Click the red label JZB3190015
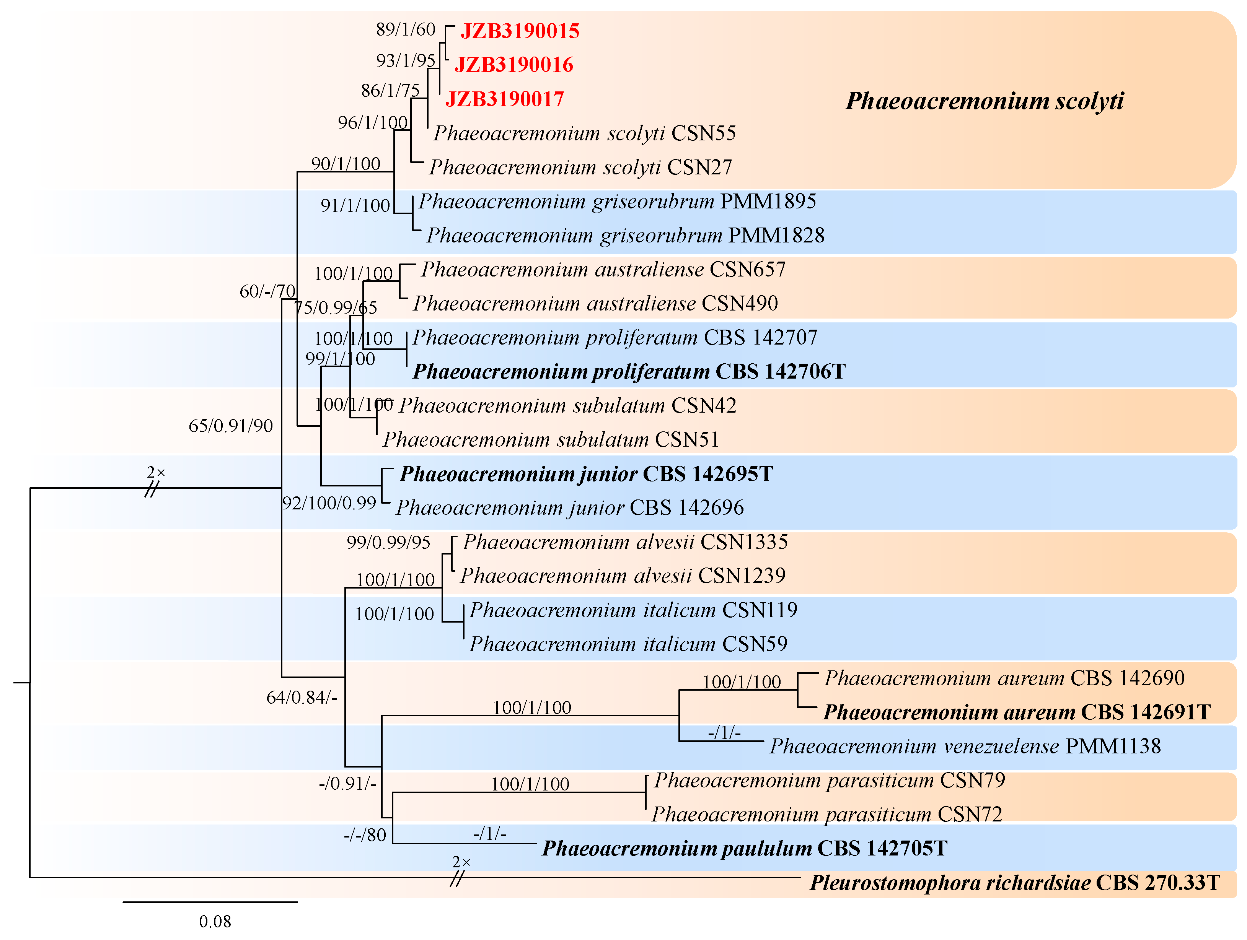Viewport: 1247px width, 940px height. pyautogui.click(x=519, y=31)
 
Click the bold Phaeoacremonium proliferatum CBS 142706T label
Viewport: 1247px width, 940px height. pyautogui.click(x=629, y=372)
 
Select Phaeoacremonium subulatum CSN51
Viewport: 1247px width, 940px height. pyautogui.click(x=551, y=439)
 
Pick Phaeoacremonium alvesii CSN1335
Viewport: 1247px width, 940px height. pyautogui.click(x=624, y=542)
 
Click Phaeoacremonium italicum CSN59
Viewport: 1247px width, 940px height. pyautogui.click(x=628, y=644)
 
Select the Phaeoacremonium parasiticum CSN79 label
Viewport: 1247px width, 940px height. pyautogui.click(x=829, y=781)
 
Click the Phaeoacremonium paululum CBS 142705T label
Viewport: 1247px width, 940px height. pyautogui.click(x=744, y=849)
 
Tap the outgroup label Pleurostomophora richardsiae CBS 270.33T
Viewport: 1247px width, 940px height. pyautogui.click(x=1015, y=883)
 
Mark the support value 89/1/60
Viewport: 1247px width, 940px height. pyautogui.click(x=405, y=29)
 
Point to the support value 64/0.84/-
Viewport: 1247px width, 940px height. pyautogui.click(x=302, y=698)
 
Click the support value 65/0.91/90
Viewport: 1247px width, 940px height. pyautogui.click(x=231, y=426)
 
